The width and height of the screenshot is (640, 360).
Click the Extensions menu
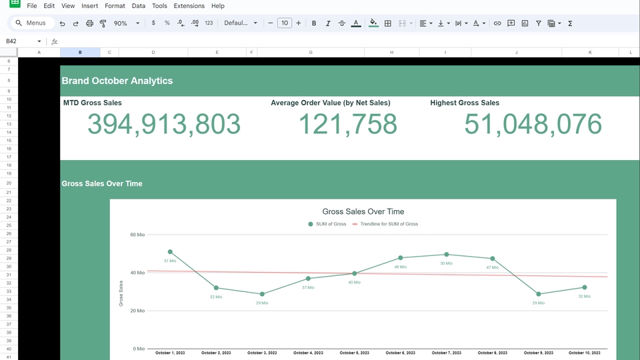click(x=189, y=6)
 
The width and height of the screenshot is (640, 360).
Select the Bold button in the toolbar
click(x=314, y=23)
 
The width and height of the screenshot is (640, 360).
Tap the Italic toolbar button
click(x=328, y=23)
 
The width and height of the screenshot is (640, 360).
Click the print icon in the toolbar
click(x=89, y=23)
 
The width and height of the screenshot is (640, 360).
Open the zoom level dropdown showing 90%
click(x=126, y=23)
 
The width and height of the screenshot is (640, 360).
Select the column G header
click(x=311, y=52)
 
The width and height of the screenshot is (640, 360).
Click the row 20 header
click(x=9, y=183)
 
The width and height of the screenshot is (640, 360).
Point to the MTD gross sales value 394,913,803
click(x=163, y=125)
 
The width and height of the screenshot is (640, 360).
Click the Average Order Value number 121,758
click(x=347, y=125)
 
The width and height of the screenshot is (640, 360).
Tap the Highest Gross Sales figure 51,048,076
click(x=533, y=125)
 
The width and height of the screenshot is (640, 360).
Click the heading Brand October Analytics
click(x=117, y=81)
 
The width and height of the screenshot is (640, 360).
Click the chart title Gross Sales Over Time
click(x=363, y=211)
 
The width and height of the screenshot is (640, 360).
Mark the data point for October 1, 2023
click(x=170, y=252)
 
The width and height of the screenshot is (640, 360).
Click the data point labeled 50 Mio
click(x=447, y=255)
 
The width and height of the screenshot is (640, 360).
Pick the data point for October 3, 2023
click(x=262, y=294)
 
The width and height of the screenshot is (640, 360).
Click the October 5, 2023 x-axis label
click(x=354, y=353)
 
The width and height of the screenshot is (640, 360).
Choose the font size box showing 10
click(x=285, y=23)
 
